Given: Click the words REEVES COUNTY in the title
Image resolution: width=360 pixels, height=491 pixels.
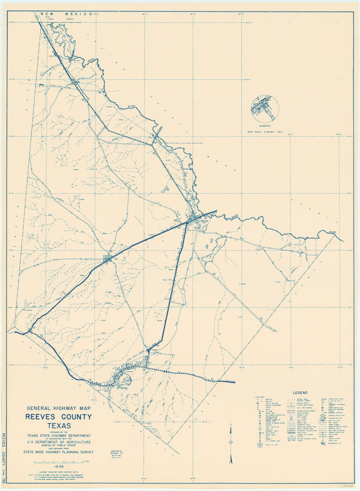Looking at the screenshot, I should tap(58, 417).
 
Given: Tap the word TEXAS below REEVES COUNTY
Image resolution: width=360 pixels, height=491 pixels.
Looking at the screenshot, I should tap(59, 425).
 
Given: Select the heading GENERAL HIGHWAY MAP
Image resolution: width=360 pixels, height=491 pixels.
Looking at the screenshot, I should tap(58, 408).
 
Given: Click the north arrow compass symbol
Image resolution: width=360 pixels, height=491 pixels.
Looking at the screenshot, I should tap(231, 451).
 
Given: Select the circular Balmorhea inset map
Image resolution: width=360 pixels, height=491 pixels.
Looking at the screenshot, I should tap(265, 109).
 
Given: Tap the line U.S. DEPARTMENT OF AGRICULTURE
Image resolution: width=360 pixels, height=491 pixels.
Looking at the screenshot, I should tap(59, 443).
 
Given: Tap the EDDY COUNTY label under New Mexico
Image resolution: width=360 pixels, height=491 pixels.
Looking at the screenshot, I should tap(58, 18).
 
